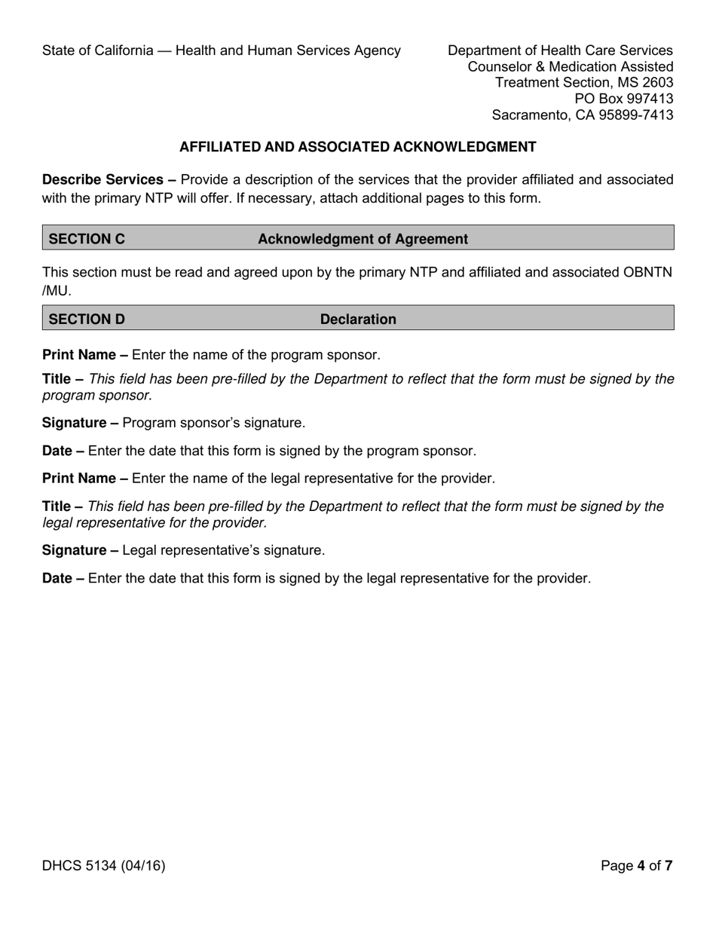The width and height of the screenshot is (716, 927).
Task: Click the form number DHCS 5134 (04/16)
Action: tap(103, 865)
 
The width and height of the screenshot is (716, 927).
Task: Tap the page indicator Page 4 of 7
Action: tap(636, 865)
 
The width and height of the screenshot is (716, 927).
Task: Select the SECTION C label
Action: tap(87, 239)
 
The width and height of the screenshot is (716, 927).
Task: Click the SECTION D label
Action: tap(87, 319)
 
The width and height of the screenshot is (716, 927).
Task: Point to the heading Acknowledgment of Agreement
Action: tap(363, 239)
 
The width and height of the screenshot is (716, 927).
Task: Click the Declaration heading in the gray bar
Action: tap(358, 319)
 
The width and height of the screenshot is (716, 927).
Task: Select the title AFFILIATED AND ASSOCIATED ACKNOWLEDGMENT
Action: tap(358, 147)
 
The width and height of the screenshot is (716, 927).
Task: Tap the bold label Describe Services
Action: tap(103, 179)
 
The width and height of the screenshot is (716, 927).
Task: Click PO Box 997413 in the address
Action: tap(623, 99)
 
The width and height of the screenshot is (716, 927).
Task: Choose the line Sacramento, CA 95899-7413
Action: tap(582, 115)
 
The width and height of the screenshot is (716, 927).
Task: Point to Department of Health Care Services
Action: tap(560, 50)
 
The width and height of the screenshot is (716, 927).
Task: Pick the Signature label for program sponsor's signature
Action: tap(74, 423)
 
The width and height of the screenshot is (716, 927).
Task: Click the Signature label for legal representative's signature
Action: tap(74, 550)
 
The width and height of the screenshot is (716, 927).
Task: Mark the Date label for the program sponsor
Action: tap(57, 451)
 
